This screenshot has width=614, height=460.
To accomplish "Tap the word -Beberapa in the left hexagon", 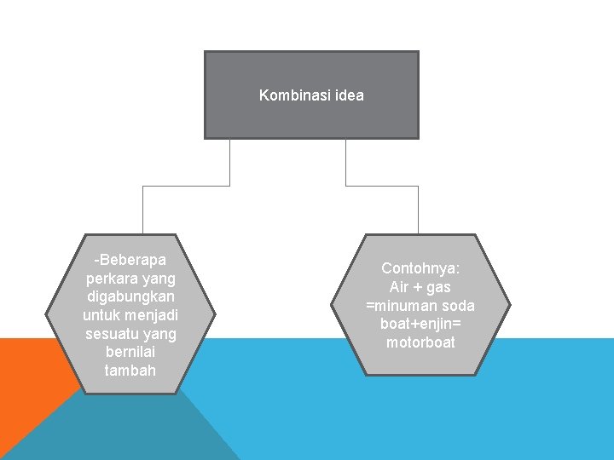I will [x=130, y=259].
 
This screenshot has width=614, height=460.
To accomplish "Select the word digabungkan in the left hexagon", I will [x=130, y=296].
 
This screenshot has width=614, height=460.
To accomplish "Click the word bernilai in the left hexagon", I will [x=130, y=352].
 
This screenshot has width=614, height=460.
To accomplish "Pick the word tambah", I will [x=130, y=371].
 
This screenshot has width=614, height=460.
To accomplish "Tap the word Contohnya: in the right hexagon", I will [x=420, y=268].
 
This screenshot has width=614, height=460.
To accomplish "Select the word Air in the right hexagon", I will [x=398, y=287].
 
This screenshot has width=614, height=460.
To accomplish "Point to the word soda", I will [x=457, y=306].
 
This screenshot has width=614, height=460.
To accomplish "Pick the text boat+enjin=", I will [x=420, y=325].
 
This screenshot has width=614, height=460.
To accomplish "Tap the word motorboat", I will [x=420, y=343].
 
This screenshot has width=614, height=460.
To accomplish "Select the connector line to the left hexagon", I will [x=142, y=209].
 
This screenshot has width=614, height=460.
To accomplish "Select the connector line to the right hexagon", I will [x=418, y=209].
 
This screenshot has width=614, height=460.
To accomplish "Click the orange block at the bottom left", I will [x=21, y=392].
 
